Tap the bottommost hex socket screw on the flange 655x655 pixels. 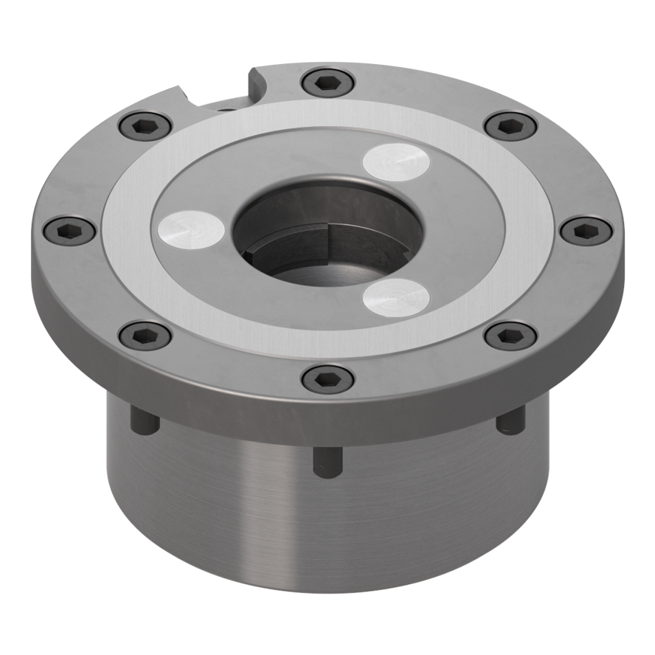pyautogui.click(x=327, y=378)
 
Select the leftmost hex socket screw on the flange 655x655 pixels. pyautogui.click(x=69, y=230)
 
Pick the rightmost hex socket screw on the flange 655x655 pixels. pyautogui.click(x=586, y=230)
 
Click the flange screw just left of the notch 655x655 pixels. pyautogui.click(x=145, y=125)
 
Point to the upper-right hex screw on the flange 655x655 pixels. pyautogui.click(x=510, y=125)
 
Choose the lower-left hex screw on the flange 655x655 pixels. pyautogui.click(x=145, y=336)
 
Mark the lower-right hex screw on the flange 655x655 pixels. pyautogui.click(x=510, y=336)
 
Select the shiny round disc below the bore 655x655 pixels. pyautogui.click(x=396, y=297)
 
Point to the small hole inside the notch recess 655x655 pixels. pyautogui.click(x=228, y=108)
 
